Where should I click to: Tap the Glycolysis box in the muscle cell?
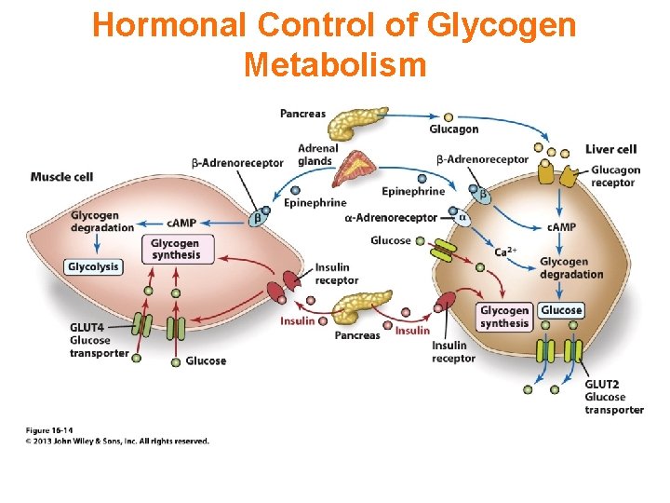tap(93, 266)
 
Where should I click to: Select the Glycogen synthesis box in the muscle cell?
tap(176, 249)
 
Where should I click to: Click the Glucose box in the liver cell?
tap(561, 310)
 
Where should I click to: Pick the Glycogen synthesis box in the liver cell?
tap(504, 317)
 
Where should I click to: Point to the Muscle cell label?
tap(61, 177)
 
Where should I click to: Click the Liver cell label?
tap(610, 149)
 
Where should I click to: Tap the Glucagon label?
tap(454, 129)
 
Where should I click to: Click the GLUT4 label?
tap(87, 327)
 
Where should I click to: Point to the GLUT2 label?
tap(602, 384)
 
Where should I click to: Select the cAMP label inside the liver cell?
tap(560, 227)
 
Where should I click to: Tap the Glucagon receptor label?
tap(615, 176)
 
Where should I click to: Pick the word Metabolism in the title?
tap(334, 64)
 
